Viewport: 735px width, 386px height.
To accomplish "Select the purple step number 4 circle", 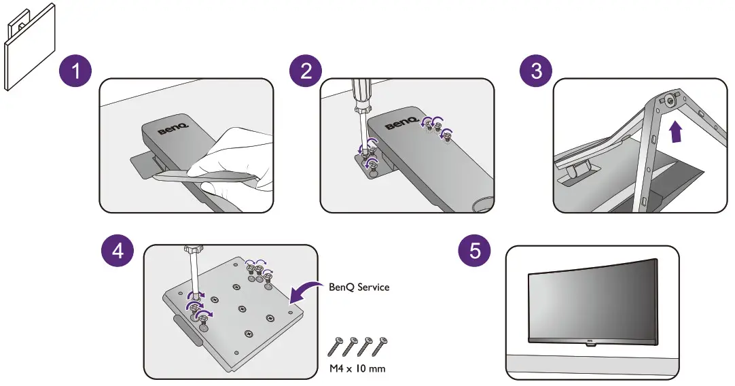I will click(118, 251).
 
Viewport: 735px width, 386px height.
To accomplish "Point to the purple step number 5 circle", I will click(475, 251).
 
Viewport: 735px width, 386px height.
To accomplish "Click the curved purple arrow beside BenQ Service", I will click(304, 290).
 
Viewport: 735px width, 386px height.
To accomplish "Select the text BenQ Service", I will click(359, 287).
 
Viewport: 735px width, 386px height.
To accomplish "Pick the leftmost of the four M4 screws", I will click(335, 347).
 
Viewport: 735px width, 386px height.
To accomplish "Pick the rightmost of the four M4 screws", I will click(384, 345).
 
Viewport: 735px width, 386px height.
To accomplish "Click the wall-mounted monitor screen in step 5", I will click(591, 299).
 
